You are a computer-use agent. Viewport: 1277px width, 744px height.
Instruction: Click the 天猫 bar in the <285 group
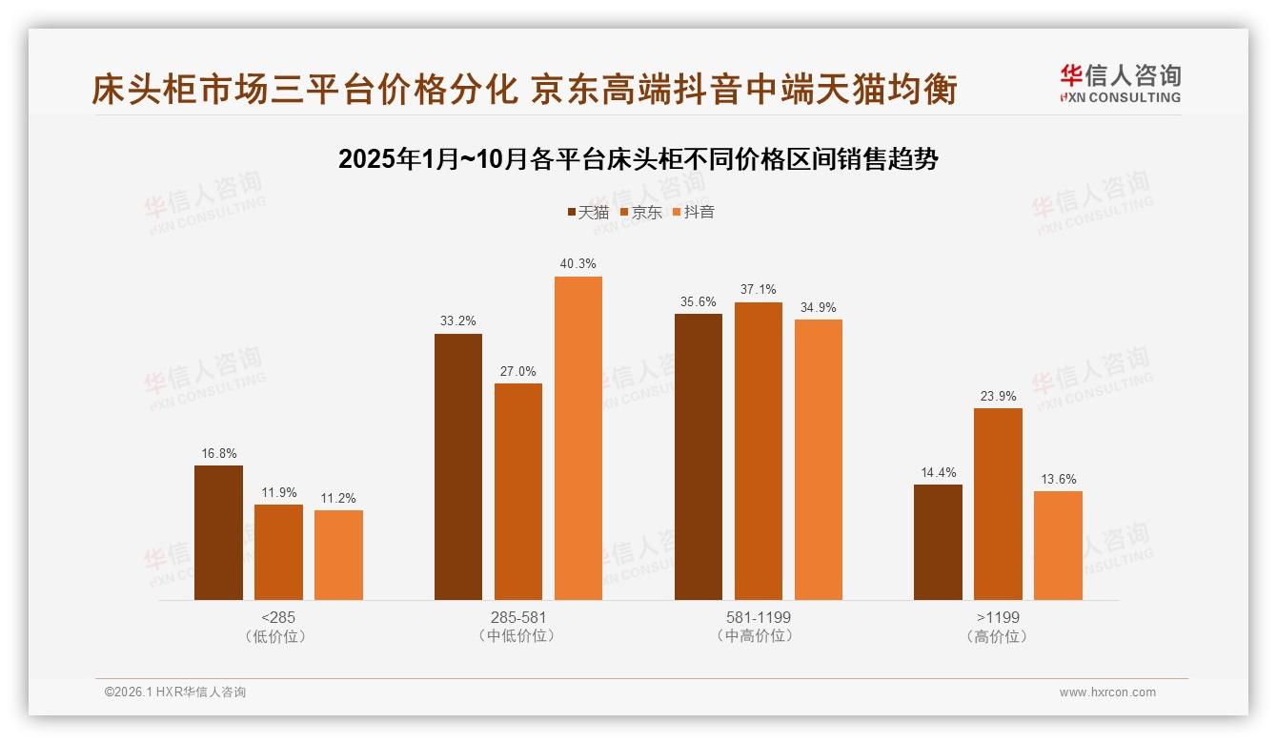click(218, 532)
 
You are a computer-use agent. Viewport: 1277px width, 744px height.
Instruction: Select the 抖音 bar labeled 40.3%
click(578, 438)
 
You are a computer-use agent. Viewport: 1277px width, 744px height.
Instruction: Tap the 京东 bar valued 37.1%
click(758, 451)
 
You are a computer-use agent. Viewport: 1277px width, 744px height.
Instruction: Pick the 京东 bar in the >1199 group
click(998, 504)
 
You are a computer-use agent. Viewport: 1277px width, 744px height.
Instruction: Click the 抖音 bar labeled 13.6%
click(1058, 545)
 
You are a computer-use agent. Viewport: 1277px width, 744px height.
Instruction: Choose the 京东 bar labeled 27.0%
click(518, 491)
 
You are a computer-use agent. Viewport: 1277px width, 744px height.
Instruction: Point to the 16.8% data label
click(218, 453)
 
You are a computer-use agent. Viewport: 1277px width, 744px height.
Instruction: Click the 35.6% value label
click(698, 301)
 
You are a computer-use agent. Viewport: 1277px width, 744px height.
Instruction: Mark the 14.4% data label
click(938, 472)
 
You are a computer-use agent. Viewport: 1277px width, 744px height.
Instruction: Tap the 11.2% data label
click(338, 498)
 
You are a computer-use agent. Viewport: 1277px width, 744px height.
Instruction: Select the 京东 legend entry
click(640, 213)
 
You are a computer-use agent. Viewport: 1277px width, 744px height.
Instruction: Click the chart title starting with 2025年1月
click(638, 159)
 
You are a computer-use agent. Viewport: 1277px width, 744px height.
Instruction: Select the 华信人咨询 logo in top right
click(1120, 84)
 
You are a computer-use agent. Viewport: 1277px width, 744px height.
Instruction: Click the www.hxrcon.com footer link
click(1107, 692)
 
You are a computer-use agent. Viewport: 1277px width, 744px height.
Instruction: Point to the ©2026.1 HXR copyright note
click(175, 692)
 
